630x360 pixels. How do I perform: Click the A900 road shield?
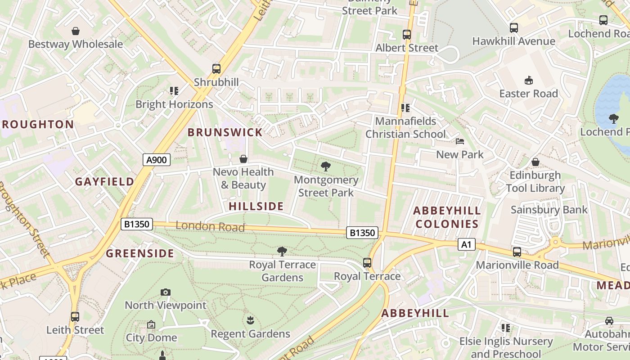click(x=157, y=159)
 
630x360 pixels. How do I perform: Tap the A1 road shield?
click(x=467, y=244)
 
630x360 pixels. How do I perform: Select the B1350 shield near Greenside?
click(x=137, y=224)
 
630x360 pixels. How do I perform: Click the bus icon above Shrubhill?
click(x=216, y=69)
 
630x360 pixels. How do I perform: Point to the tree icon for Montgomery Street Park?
click(x=326, y=167)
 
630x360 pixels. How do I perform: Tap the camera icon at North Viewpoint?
click(x=166, y=292)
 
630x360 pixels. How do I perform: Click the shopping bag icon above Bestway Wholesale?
click(x=76, y=31)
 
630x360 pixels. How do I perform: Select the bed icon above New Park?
click(x=460, y=141)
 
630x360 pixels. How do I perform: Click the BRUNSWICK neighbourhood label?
click(x=225, y=132)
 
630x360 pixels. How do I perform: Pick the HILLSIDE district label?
click(x=256, y=206)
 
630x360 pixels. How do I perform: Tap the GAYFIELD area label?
click(x=104, y=181)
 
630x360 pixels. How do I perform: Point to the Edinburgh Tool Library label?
click(x=535, y=181)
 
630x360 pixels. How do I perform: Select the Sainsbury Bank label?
click(x=549, y=209)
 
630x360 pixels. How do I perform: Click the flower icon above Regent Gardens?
click(x=250, y=320)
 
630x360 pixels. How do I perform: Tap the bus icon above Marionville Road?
click(x=517, y=252)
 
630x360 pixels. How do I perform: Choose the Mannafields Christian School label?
click(x=405, y=127)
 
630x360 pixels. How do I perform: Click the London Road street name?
click(x=210, y=226)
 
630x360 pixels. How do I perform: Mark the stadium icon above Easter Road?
click(x=529, y=81)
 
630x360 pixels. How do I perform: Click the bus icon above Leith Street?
click(x=75, y=317)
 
